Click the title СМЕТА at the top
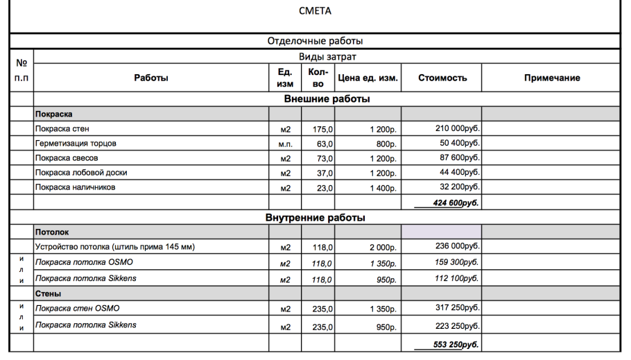(x=315, y=10)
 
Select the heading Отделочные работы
(x=315, y=41)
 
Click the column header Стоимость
(x=442, y=78)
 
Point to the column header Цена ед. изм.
(x=368, y=78)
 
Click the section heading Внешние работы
(x=327, y=99)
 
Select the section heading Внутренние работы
(x=315, y=218)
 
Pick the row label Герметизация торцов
(x=76, y=144)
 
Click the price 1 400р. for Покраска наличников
(x=382, y=187)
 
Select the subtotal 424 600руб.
(x=447, y=203)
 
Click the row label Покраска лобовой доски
(x=81, y=173)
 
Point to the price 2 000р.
(x=382, y=247)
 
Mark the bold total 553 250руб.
(x=447, y=344)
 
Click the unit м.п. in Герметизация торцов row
(x=285, y=144)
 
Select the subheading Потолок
(x=52, y=232)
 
